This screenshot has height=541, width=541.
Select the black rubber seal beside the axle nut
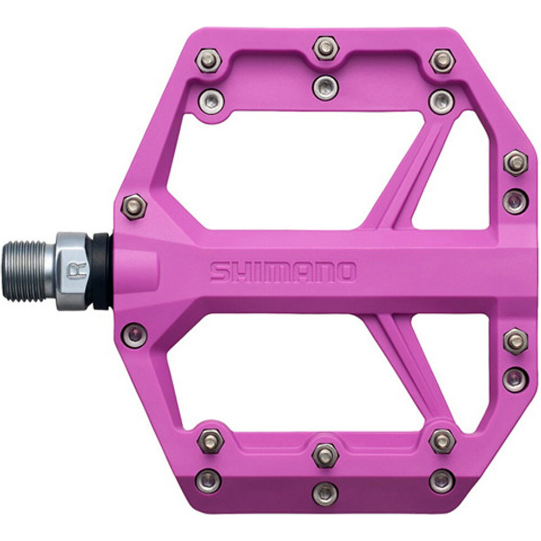(x=102, y=270)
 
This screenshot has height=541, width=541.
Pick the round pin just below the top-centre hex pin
(x=325, y=87)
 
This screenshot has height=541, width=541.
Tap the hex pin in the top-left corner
(x=209, y=60)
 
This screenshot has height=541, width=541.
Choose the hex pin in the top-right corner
(x=442, y=61)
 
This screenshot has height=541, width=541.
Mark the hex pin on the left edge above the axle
(x=133, y=206)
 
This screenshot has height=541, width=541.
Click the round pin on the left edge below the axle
(x=134, y=335)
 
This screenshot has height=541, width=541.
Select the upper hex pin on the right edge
(x=515, y=162)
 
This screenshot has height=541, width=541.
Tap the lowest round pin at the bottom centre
(x=325, y=492)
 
